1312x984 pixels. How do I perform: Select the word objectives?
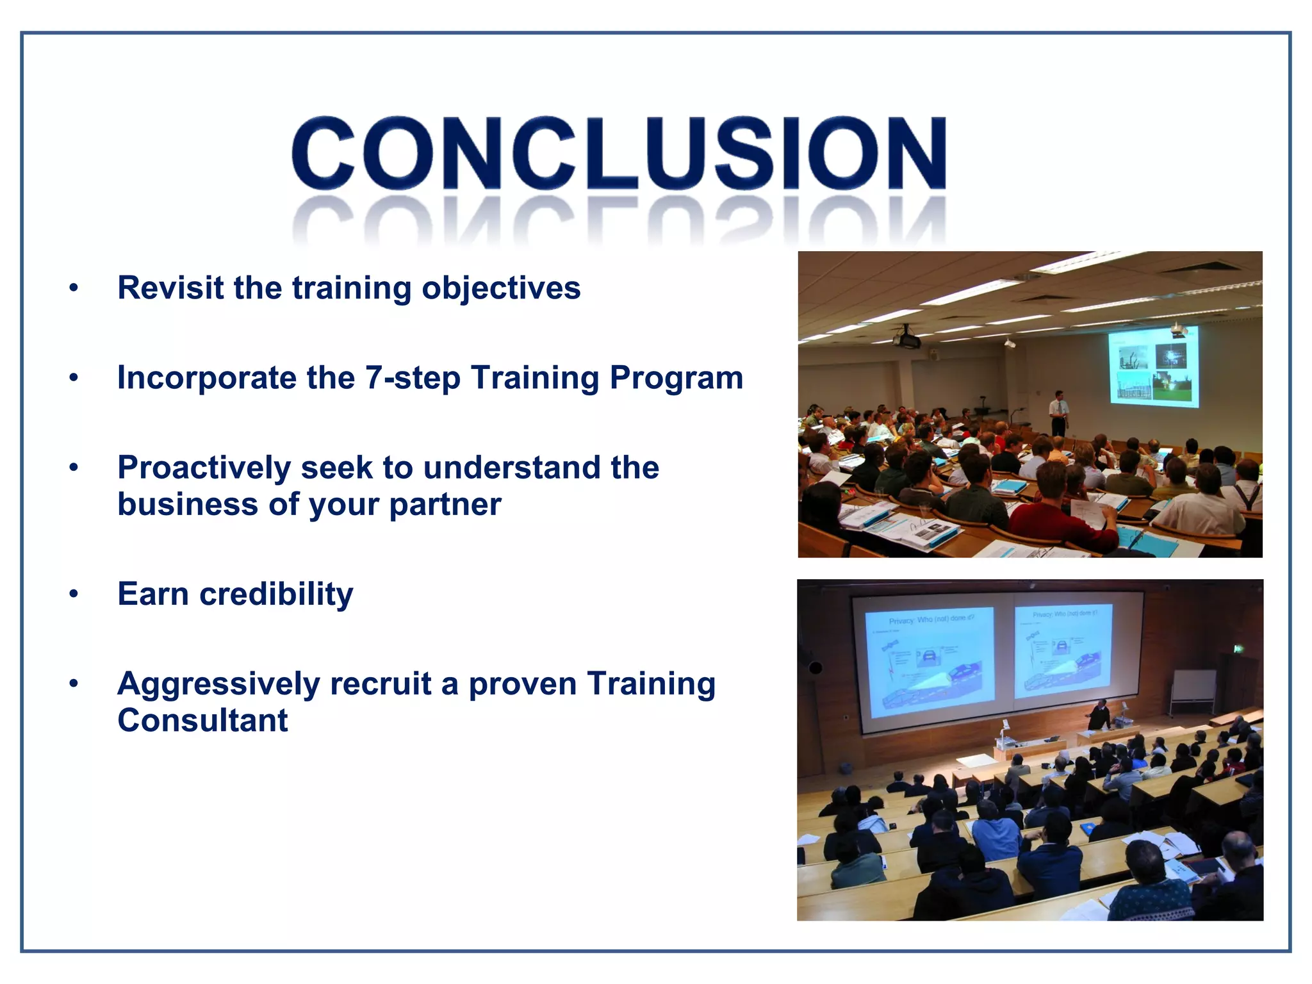(x=501, y=289)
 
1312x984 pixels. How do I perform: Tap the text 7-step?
(x=413, y=378)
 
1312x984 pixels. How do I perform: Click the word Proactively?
(x=204, y=468)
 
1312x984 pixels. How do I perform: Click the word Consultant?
(x=202, y=721)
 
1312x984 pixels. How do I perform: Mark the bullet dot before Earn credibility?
(x=74, y=594)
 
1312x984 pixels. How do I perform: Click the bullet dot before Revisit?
(x=74, y=288)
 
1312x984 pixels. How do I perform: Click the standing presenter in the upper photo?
(x=1059, y=413)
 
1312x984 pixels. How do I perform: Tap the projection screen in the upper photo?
(x=1153, y=366)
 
